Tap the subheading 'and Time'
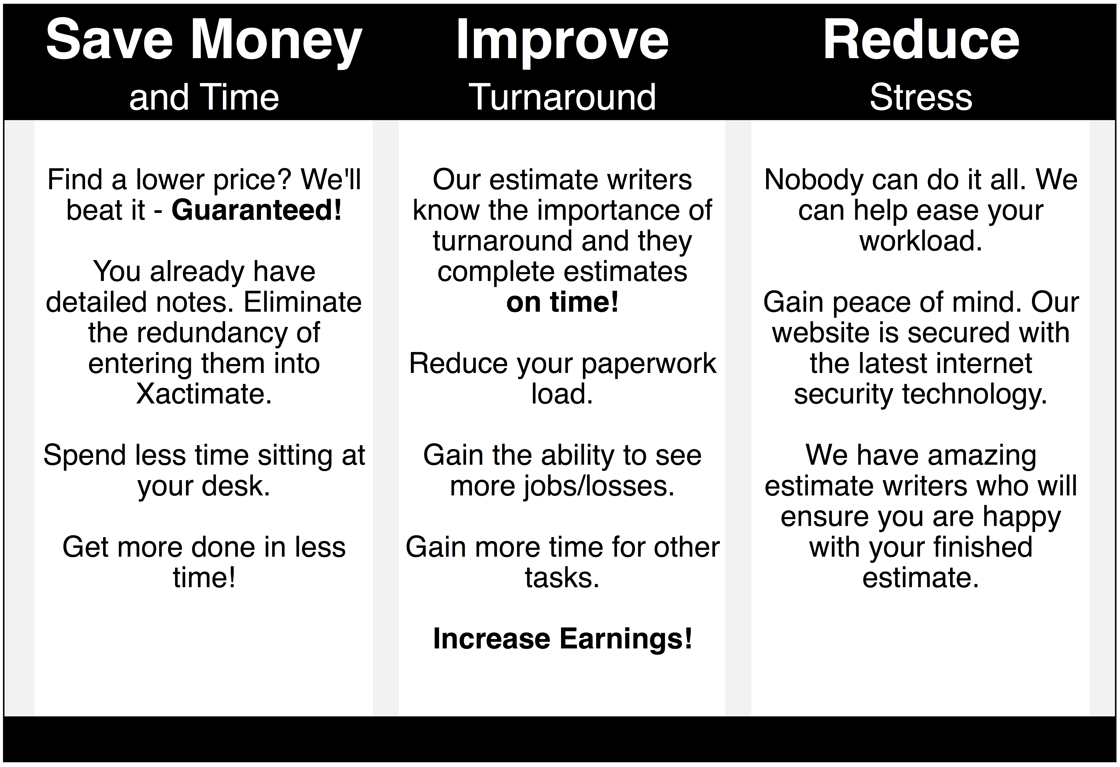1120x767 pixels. pos(204,97)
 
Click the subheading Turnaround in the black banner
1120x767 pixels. pos(562,97)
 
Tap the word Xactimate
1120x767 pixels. pos(204,394)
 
